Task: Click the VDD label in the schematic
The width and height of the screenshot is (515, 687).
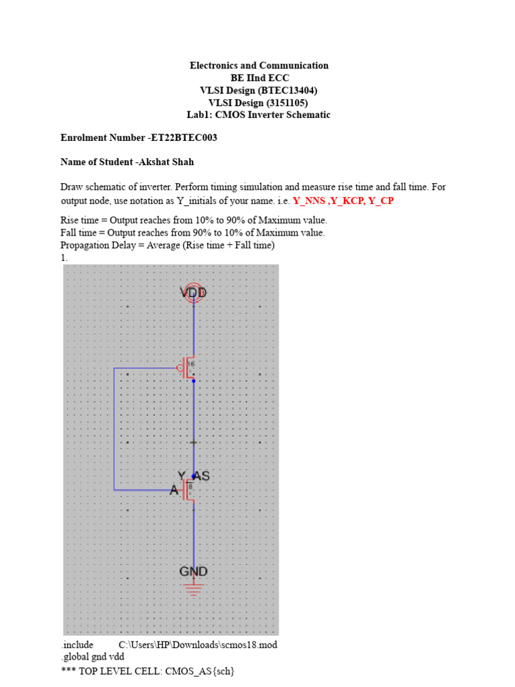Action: point(193,293)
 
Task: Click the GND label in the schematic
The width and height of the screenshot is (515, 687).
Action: point(193,572)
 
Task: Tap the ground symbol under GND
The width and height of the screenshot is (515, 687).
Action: point(193,588)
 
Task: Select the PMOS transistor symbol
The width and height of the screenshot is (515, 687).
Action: point(188,367)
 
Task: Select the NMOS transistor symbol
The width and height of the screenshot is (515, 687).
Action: point(188,490)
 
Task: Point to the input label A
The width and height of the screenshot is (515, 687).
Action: point(174,490)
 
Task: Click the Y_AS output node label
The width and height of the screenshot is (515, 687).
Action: point(194,476)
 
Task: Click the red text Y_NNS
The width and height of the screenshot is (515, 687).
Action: point(310,201)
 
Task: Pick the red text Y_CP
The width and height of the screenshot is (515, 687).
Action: point(381,201)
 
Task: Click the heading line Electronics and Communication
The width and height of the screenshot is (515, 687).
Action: point(259,66)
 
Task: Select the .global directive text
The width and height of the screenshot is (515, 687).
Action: point(75,657)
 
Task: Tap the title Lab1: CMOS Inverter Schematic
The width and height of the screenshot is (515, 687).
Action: point(259,115)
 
